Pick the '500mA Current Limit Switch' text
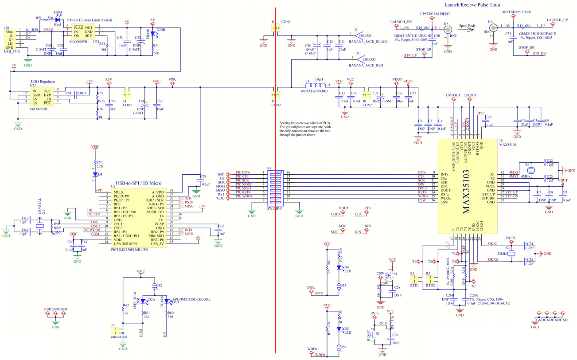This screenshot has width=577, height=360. tap(90, 20)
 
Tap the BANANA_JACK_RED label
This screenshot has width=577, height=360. tap(366, 65)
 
